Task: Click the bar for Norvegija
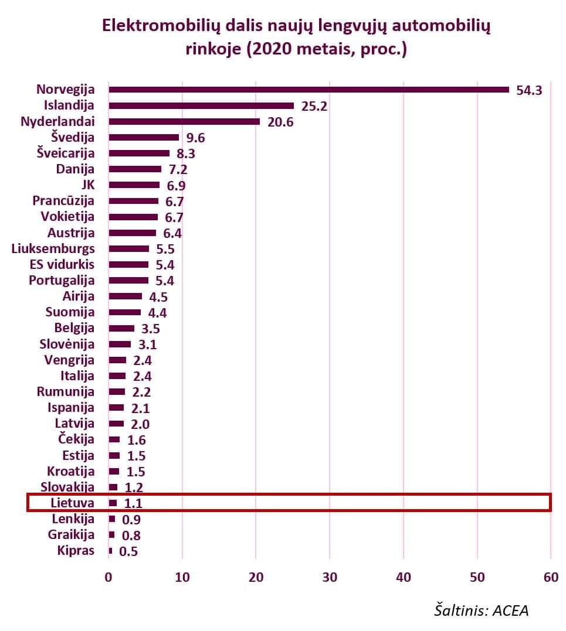click(x=309, y=90)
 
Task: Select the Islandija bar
click(x=201, y=105)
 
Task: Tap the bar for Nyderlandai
click(x=184, y=121)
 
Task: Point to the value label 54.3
click(x=529, y=90)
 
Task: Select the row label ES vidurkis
click(x=62, y=264)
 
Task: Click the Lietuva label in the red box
click(x=72, y=503)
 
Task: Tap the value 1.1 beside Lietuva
click(x=132, y=503)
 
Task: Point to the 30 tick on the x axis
click(x=330, y=577)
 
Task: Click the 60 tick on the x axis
click(x=550, y=577)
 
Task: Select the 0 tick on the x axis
click(x=109, y=577)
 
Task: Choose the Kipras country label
click(x=76, y=550)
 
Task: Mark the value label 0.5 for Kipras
click(x=128, y=551)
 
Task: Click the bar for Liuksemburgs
click(x=128, y=248)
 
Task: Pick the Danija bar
click(x=135, y=169)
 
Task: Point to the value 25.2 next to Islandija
click(x=314, y=106)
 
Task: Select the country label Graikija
click(x=71, y=534)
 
